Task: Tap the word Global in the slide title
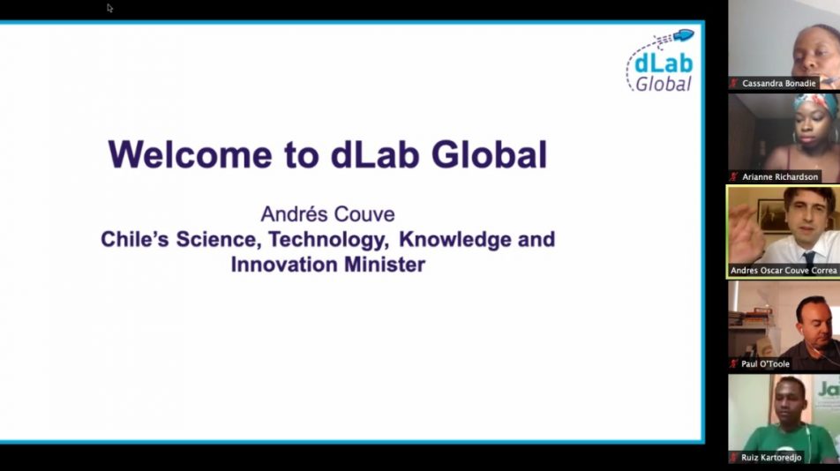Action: (489, 154)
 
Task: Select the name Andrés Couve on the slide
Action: (328, 214)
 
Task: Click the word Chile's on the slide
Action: (134, 239)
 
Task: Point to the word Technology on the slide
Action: (328, 240)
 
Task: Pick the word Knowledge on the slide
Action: (454, 239)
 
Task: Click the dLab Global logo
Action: (660, 61)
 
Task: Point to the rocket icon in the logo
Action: (683, 35)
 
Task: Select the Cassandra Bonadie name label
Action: (778, 84)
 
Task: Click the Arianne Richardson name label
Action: (780, 176)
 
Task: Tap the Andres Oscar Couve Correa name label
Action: (784, 270)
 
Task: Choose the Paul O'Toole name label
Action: (765, 364)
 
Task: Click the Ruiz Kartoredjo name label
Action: (771, 458)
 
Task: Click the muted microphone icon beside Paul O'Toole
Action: (733, 364)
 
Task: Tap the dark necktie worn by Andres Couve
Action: (809, 258)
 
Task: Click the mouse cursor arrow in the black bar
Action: (109, 7)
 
